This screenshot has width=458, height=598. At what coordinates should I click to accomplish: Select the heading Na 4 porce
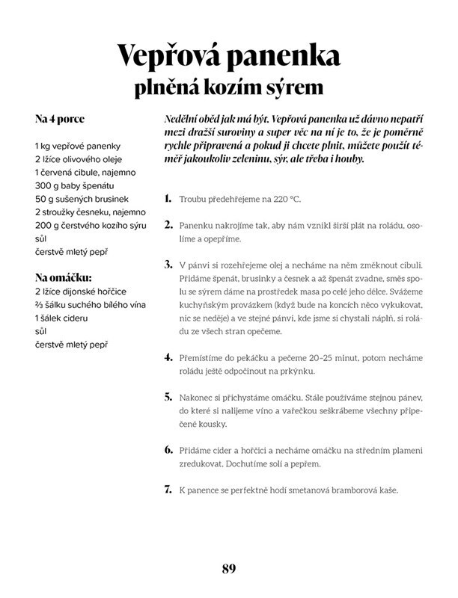tap(59, 119)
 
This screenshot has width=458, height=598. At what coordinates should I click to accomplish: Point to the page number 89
tap(229, 568)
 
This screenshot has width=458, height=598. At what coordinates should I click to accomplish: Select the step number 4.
tap(168, 357)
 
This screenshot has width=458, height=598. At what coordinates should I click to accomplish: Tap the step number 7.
tap(168, 490)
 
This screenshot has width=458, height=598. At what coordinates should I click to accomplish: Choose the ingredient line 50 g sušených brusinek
tap(82, 198)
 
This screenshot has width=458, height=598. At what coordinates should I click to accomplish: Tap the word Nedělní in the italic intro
tap(183, 120)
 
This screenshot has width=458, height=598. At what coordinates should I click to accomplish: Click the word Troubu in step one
tap(193, 200)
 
